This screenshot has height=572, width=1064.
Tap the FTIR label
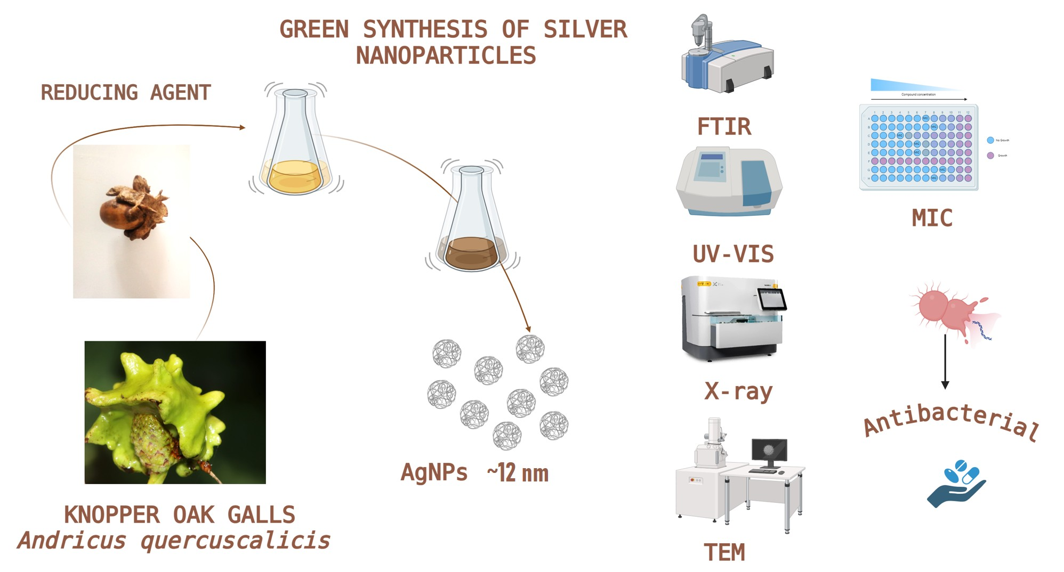[x=724, y=127]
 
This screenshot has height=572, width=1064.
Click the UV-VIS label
[x=733, y=254]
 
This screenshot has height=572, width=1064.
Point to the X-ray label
[x=738, y=391]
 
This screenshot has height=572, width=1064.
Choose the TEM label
[x=724, y=552]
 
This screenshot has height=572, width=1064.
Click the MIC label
[x=932, y=218]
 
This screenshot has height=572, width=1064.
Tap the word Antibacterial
[x=952, y=421]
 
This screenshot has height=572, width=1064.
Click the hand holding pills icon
[x=957, y=484]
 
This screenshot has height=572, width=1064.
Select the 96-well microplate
[x=919, y=148]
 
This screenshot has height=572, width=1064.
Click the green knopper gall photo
[x=175, y=412]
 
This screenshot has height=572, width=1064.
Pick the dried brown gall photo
[x=131, y=221]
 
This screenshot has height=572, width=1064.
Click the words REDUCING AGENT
[x=126, y=93]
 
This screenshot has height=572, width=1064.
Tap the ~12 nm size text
[x=518, y=473]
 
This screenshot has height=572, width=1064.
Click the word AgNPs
[x=434, y=472]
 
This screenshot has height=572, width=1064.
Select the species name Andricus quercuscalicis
[x=174, y=541]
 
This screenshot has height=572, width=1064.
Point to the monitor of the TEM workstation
[x=769, y=451]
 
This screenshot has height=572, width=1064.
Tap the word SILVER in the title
[x=585, y=29]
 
